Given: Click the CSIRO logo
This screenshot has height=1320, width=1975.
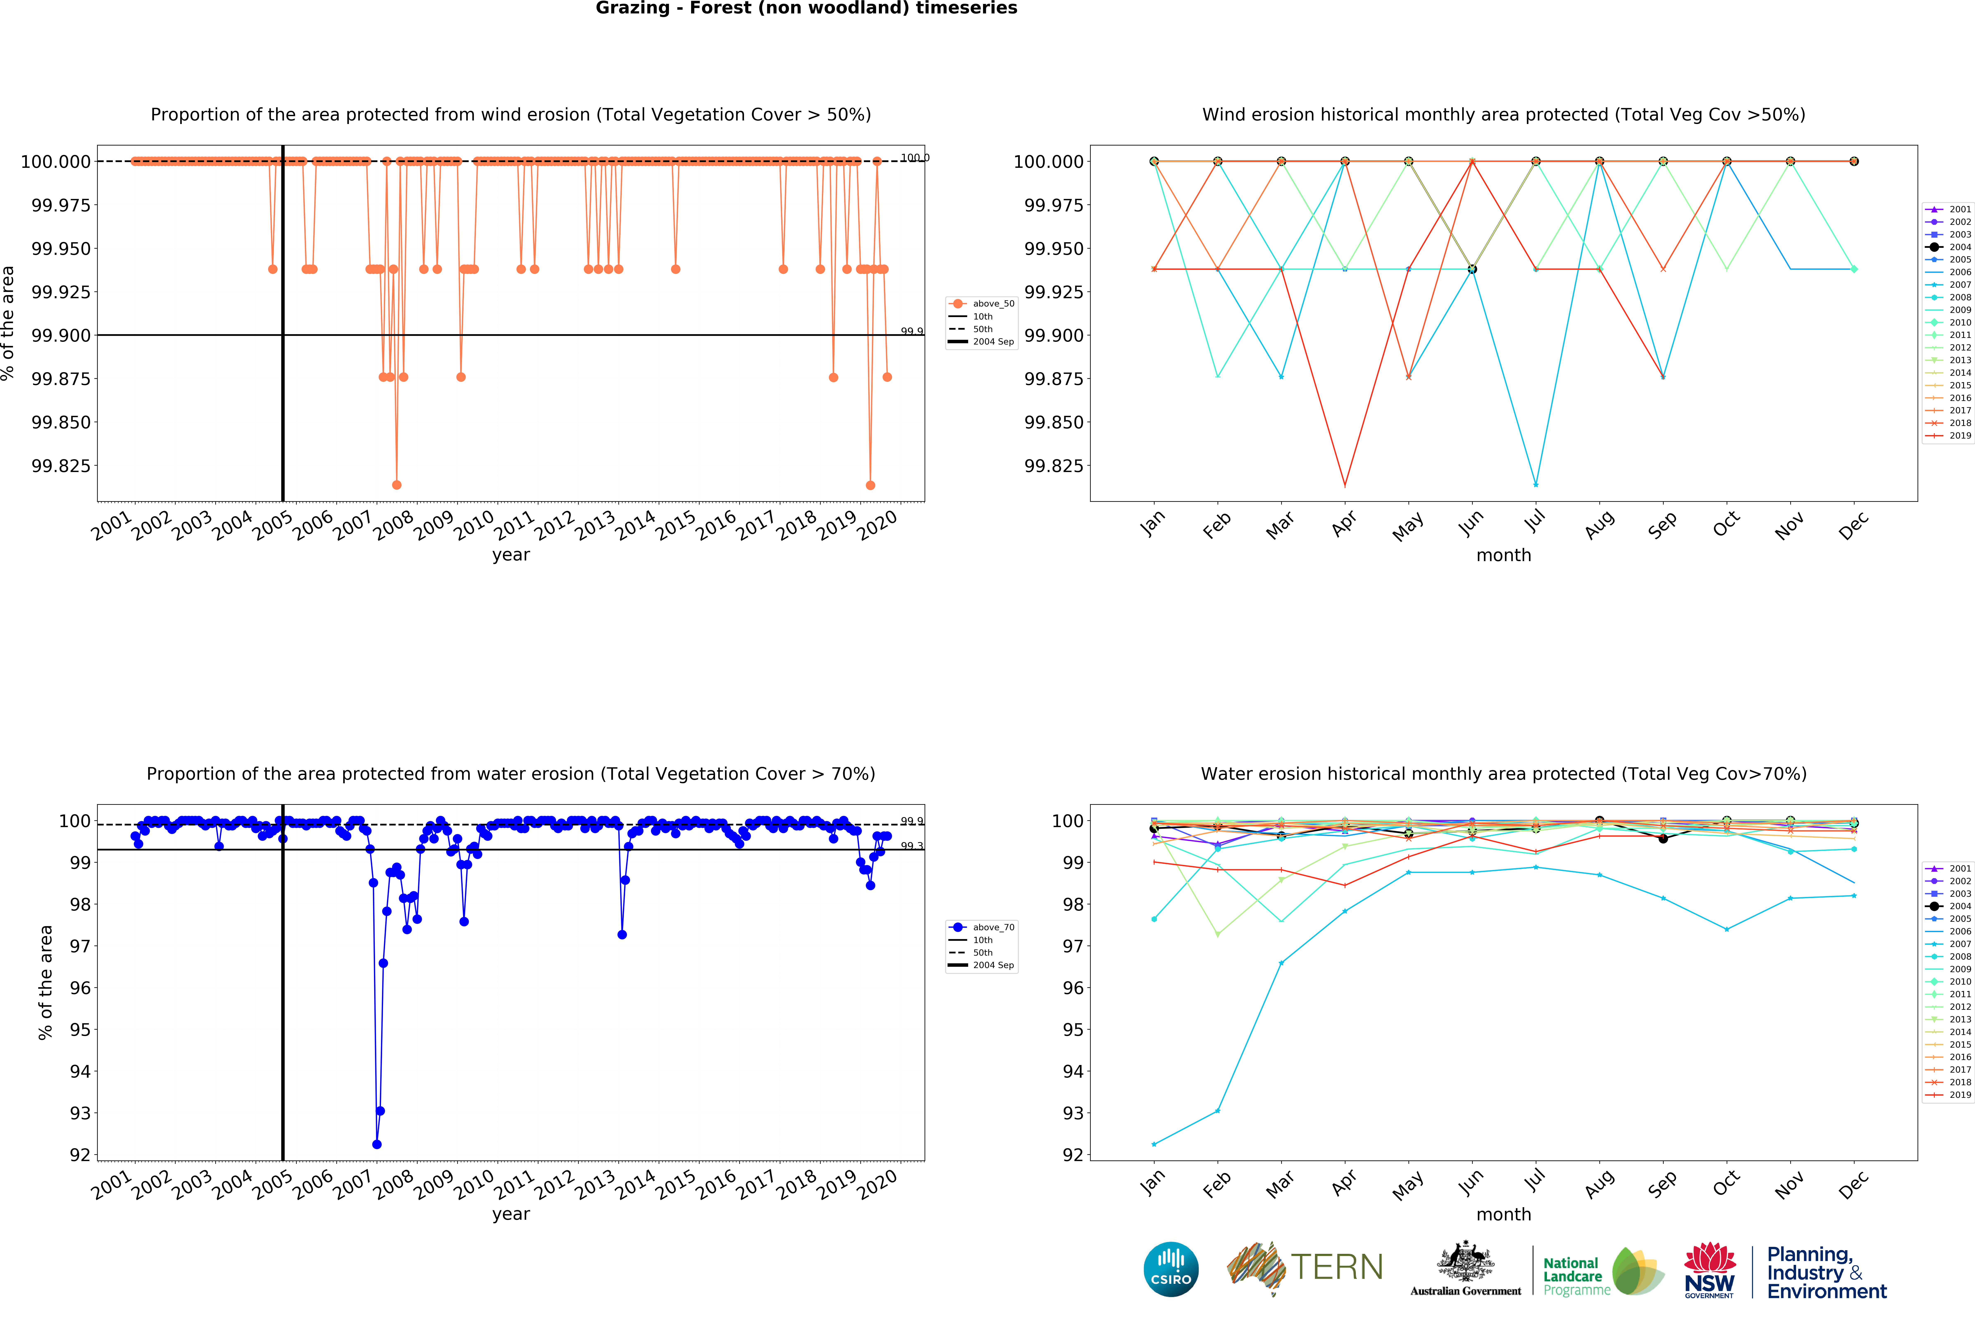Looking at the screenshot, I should pos(1170,1269).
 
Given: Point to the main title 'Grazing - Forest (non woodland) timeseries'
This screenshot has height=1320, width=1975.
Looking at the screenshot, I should pos(806,8).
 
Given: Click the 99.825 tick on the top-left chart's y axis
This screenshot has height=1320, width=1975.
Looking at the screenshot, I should pos(61,466).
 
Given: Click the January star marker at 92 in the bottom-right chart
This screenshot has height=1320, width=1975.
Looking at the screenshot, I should pos(1154,1144).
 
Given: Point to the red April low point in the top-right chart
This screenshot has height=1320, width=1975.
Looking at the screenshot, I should pos(1345,485).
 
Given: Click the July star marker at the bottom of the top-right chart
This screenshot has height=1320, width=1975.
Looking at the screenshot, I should pos(1536,485).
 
